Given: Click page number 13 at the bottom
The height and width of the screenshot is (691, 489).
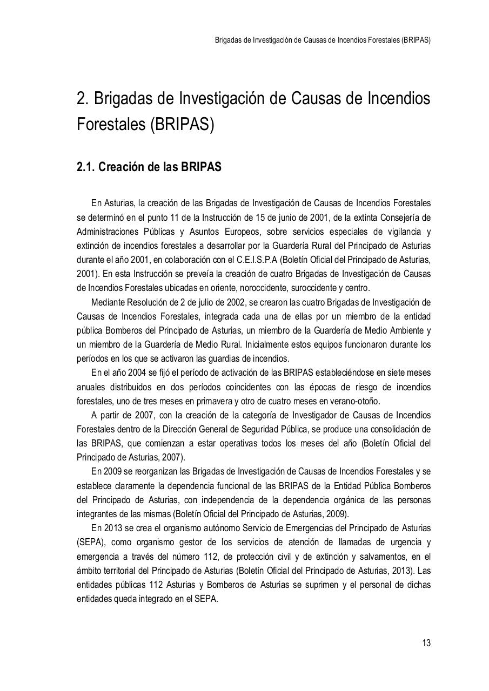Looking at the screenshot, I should click(426, 643).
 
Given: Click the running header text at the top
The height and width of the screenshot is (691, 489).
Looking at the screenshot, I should click(323, 40).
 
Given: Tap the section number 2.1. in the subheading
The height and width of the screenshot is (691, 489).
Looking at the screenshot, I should click(86, 167).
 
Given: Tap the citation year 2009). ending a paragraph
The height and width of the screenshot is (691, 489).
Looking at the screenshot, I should click(338, 513).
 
